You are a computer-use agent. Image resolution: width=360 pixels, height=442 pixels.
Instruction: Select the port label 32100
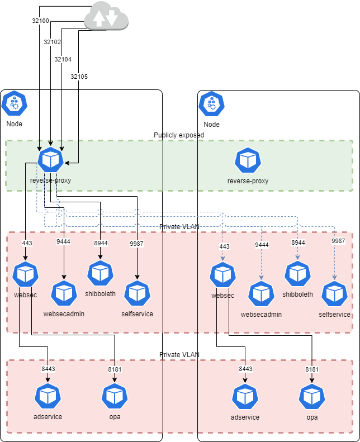[x=40, y=21]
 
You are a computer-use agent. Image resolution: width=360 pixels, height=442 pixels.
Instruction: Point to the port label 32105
[x=79, y=77]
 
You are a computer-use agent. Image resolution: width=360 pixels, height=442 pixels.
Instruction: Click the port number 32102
[x=53, y=41]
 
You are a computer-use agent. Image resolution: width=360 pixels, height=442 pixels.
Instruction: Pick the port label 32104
[x=63, y=59]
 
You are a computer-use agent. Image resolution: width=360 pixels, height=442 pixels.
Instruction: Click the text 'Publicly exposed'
[x=179, y=135]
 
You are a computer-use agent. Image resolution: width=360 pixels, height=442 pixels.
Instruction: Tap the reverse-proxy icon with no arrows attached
[x=248, y=160]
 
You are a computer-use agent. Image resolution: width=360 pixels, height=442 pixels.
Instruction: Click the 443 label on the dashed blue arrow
[x=224, y=246]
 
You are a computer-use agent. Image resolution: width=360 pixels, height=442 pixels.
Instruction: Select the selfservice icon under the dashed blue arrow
[x=334, y=294]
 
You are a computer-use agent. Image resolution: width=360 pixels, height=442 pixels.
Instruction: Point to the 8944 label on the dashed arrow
[x=298, y=243]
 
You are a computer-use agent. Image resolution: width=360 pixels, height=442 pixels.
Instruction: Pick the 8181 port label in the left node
[x=114, y=369]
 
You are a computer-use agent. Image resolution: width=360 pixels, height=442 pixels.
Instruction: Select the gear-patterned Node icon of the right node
[x=212, y=104]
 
